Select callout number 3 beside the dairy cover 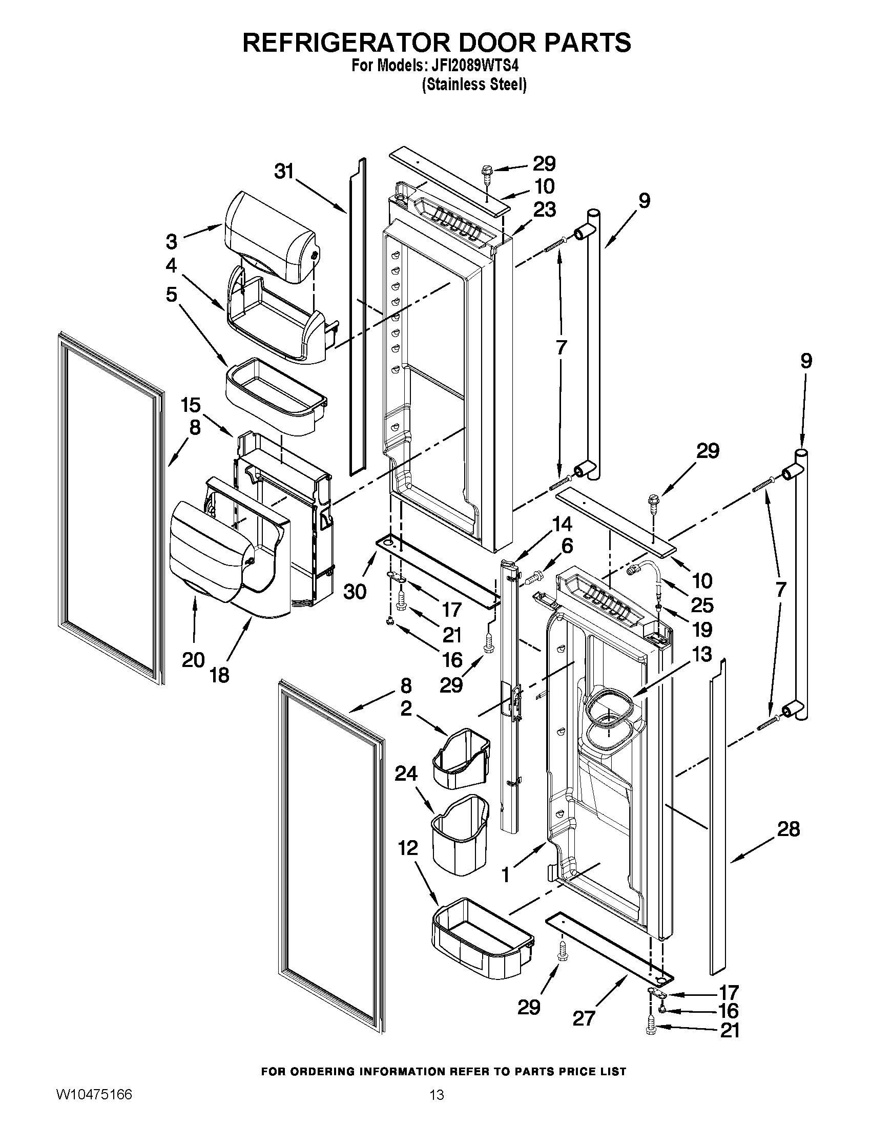click(x=171, y=241)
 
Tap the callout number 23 click(x=544, y=210)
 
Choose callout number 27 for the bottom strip click(x=584, y=1018)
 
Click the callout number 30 click(x=355, y=592)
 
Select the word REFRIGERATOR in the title click(x=346, y=43)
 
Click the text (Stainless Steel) click(x=474, y=85)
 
